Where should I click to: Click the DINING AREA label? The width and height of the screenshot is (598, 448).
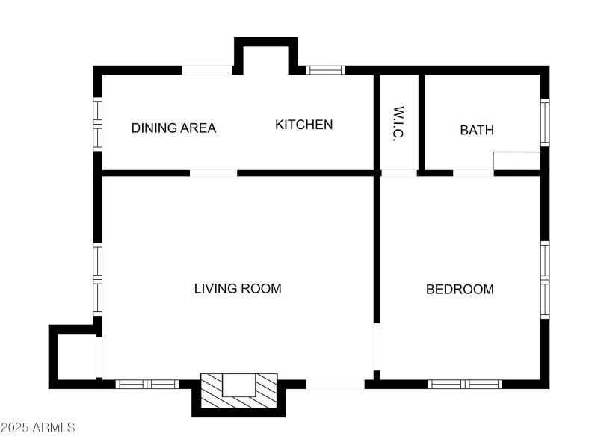(173, 128)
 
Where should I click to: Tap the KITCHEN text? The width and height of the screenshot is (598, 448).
(303, 125)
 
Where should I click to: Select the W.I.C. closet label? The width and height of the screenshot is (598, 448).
(398, 124)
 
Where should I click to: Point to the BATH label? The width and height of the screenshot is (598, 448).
(476, 130)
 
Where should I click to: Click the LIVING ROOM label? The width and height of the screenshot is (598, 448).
(238, 288)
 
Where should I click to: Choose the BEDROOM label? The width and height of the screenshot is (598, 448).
(460, 289)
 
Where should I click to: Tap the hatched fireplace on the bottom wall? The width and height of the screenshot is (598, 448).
(239, 391)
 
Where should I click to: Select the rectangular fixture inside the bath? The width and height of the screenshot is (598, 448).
(517, 161)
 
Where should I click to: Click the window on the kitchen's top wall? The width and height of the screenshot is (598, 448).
(325, 70)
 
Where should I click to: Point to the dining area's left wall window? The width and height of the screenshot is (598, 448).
(97, 124)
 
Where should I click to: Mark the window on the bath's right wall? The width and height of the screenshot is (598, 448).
(545, 122)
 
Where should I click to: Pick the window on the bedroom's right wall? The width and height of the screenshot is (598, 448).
(545, 280)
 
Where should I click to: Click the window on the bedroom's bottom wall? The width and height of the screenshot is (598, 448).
(465, 384)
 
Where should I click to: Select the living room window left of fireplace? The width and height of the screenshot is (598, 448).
(147, 384)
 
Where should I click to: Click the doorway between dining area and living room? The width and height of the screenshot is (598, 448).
(213, 173)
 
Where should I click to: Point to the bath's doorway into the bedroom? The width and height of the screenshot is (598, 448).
(473, 173)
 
